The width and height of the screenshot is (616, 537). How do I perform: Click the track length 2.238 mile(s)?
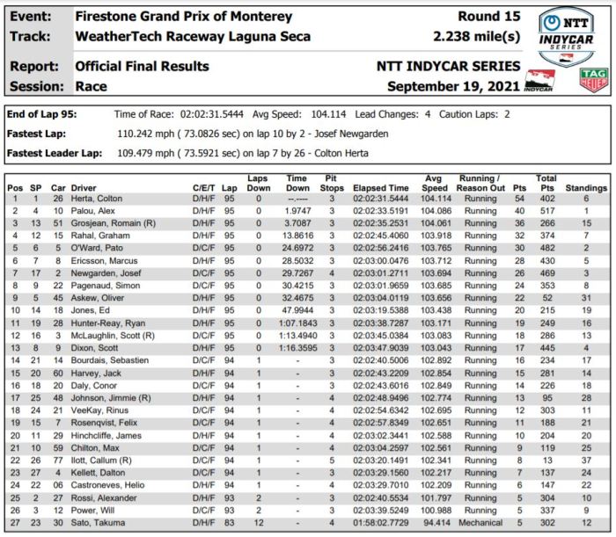point(477,36)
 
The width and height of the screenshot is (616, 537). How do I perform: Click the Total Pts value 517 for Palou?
point(546,212)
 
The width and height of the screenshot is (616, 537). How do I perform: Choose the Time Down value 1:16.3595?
point(297,347)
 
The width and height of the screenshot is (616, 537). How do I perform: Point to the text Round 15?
point(489,16)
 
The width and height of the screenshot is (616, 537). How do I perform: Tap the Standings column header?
point(586,188)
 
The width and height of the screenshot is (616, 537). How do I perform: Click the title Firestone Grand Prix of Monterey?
point(183,16)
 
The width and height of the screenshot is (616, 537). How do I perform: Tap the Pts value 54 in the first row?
point(517,200)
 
